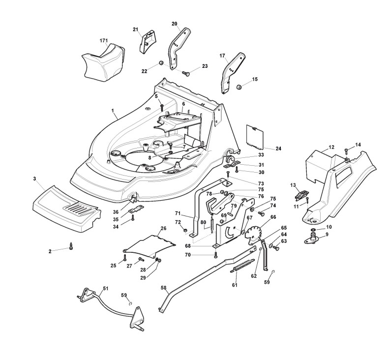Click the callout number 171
point(103,40)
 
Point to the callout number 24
point(278,148)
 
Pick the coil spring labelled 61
point(239,269)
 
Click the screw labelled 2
point(71,248)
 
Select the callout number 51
point(106,288)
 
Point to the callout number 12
point(331,147)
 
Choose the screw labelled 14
point(347,150)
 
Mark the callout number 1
point(112,111)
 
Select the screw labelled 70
point(216,254)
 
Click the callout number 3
point(35,178)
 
